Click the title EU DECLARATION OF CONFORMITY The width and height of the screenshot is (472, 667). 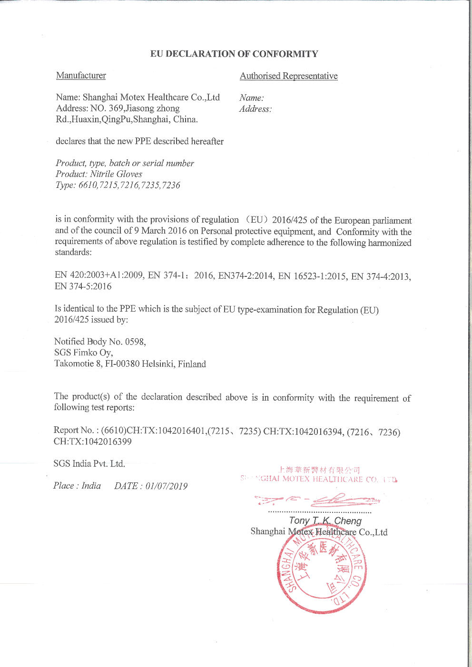point(234,54)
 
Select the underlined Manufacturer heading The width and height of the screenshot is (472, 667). point(81,75)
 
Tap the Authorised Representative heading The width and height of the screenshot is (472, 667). point(288,76)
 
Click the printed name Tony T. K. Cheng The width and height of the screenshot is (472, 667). point(325,520)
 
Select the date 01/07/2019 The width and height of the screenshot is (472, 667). point(167,486)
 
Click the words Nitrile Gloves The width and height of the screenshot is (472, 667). point(116,174)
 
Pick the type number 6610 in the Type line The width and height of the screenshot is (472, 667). point(88,185)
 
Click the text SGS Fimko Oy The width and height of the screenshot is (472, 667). point(83,353)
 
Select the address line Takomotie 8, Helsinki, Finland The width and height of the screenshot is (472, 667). point(130,364)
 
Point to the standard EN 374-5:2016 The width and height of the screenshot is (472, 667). point(83,286)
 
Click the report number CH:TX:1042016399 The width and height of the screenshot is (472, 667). point(93,441)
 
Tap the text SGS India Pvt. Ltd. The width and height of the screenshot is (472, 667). point(89,463)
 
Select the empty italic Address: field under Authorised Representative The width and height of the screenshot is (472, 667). point(256,109)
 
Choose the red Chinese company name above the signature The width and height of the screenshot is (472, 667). point(319,470)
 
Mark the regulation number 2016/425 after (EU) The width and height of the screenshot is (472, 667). point(289,220)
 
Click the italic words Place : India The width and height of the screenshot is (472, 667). point(77,485)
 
